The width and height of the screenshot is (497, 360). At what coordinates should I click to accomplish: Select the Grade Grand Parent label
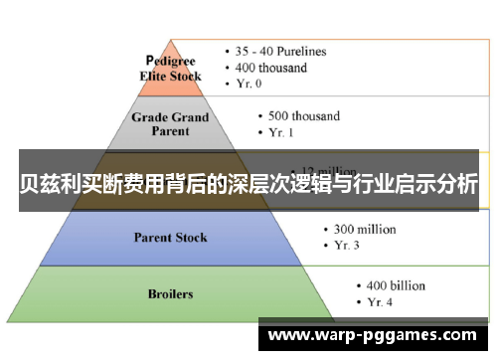tap(172, 123)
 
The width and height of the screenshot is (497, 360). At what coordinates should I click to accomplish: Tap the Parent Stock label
tap(171, 238)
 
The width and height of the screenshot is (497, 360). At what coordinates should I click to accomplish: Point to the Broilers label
tap(170, 294)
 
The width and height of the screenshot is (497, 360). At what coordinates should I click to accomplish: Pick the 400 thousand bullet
tap(270, 68)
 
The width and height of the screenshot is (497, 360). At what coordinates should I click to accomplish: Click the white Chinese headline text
tap(248, 185)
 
